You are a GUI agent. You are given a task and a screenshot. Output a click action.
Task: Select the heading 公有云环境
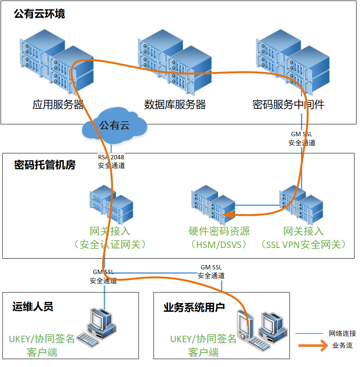click(39, 14)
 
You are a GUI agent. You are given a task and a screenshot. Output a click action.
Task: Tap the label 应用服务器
click(58, 104)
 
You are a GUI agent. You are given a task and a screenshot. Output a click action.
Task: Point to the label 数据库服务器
click(175, 104)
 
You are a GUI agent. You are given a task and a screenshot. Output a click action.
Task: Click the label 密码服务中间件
click(289, 104)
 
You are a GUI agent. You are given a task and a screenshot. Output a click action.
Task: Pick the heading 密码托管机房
click(45, 165)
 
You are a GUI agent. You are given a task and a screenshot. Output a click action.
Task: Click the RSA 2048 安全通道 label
click(111, 161)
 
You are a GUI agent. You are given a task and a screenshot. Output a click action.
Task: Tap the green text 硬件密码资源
click(219, 232)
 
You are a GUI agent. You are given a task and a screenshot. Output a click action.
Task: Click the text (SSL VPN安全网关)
click(303, 245)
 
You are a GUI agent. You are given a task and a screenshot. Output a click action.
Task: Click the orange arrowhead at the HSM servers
click(229, 215)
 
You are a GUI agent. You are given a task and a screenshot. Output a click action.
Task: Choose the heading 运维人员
click(33, 307)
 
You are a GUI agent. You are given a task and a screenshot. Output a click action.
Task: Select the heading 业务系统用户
click(194, 307)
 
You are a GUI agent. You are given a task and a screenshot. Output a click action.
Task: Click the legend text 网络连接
click(342, 334)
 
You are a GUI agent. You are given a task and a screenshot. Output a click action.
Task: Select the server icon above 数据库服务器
click(175, 63)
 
